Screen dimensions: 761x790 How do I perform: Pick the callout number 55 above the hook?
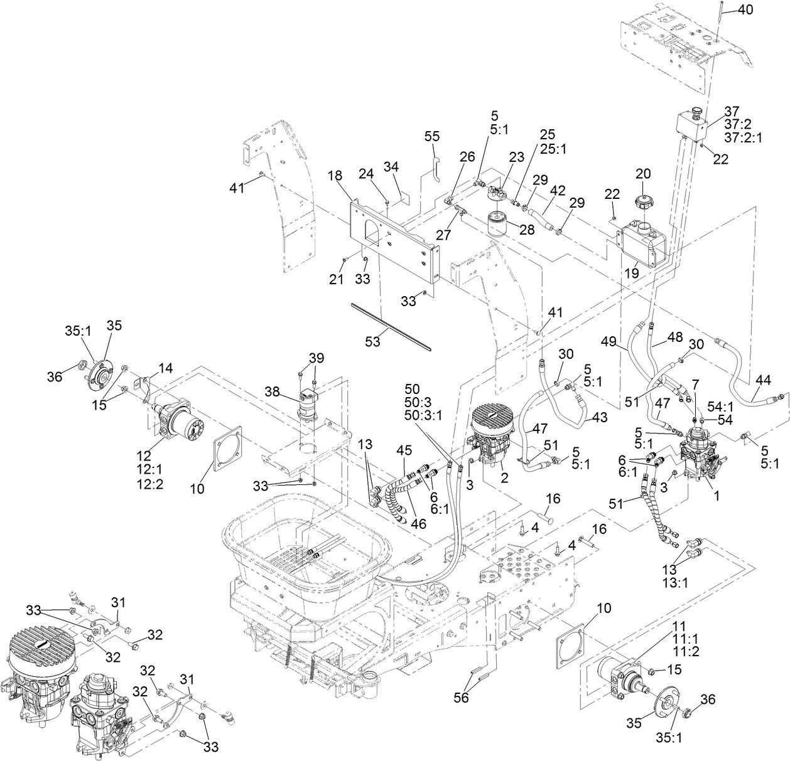(x=432, y=136)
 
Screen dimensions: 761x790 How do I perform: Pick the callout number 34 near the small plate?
(x=391, y=166)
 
